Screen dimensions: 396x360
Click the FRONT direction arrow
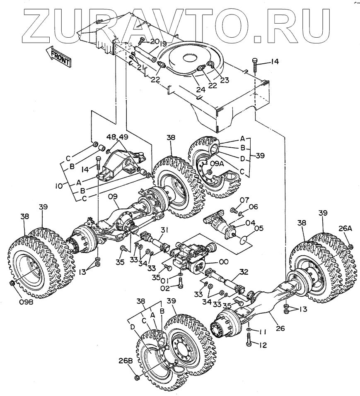58,55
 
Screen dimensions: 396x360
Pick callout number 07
244,201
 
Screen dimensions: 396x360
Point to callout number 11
263,332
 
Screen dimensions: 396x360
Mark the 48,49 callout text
118,137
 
